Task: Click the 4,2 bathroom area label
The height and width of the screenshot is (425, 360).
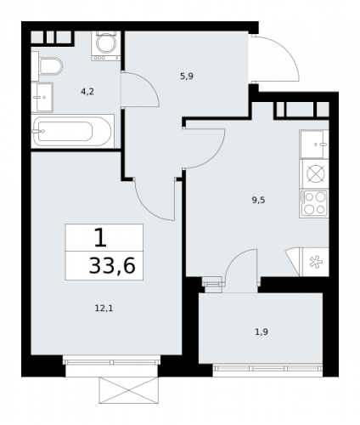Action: [x=87, y=92]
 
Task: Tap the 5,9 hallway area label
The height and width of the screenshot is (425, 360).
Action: [x=187, y=76]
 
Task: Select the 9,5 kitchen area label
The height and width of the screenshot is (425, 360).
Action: [x=258, y=201]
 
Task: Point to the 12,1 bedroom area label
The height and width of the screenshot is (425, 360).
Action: [x=104, y=308]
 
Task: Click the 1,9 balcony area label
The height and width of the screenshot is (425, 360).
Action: [x=262, y=331]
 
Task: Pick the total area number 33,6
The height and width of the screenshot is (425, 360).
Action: [x=112, y=266]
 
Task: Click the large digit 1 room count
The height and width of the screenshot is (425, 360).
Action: [x=100, y=237]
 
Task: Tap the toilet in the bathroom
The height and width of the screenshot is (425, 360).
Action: [x=48, y=66]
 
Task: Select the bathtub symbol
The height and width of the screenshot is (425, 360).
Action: [x=72, y=131]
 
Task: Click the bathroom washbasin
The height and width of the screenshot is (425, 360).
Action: [x=42, y=97]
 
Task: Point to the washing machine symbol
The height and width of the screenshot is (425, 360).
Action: [x=106, y=46]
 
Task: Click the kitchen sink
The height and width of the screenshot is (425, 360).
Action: [x=314, y=144]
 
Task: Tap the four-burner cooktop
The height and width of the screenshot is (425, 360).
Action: [x=314, y=204]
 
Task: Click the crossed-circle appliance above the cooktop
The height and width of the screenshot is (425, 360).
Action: [x=314, y=173]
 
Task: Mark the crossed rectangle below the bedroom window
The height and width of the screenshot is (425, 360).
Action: [x=128, y=390]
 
